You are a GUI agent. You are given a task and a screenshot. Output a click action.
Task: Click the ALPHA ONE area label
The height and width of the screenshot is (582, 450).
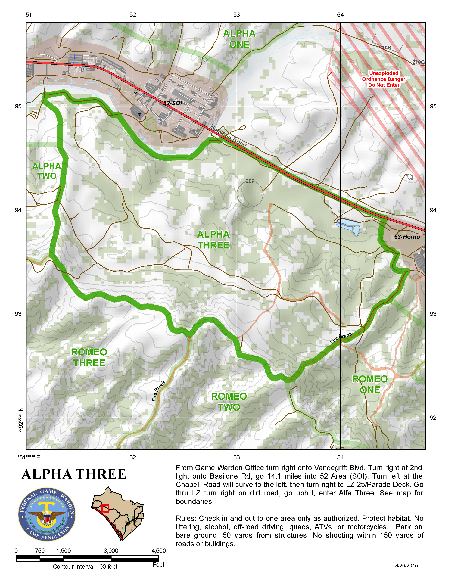point(239,39)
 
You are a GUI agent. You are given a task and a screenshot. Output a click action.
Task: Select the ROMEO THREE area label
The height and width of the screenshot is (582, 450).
point(89,357)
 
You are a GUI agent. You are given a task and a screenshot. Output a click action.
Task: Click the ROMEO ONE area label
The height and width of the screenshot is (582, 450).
point(370,384)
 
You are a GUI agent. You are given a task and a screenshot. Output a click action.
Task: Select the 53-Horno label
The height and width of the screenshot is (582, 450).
point(407,237)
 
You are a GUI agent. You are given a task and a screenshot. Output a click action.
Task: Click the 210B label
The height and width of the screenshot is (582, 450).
point(385,48)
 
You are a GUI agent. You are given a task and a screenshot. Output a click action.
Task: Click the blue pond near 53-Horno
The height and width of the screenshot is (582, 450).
point(348,225)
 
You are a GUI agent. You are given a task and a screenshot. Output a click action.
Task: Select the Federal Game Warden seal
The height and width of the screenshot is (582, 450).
point(47,514)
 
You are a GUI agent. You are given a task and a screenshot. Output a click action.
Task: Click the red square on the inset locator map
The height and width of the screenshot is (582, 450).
point(105,508)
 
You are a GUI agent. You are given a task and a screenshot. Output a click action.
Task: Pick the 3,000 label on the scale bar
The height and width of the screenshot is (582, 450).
point(111,551)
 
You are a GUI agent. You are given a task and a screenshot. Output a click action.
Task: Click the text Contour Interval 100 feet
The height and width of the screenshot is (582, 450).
point(85,566)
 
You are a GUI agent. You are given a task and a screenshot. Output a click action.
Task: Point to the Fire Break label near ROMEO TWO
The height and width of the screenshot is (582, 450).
point(159,391)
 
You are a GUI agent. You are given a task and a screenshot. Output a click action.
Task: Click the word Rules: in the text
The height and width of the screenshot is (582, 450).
point(186,518)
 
